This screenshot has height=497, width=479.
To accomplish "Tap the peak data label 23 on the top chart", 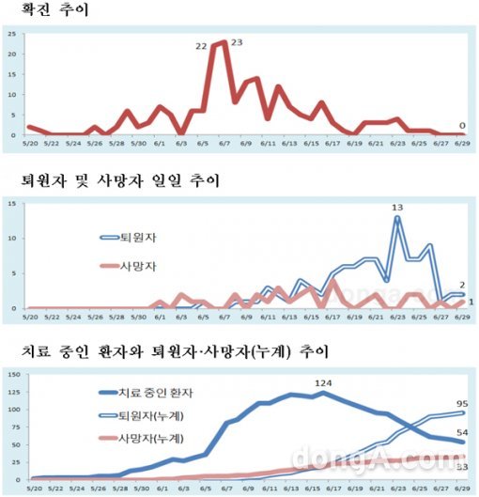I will click(x=237, y=42).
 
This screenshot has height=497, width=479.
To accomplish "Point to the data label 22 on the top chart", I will click(x=201, y=46).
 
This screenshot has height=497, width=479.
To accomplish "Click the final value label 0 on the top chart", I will click(x=462, y=125).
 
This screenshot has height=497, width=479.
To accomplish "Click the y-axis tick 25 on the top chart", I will click(x=9, y=34).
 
